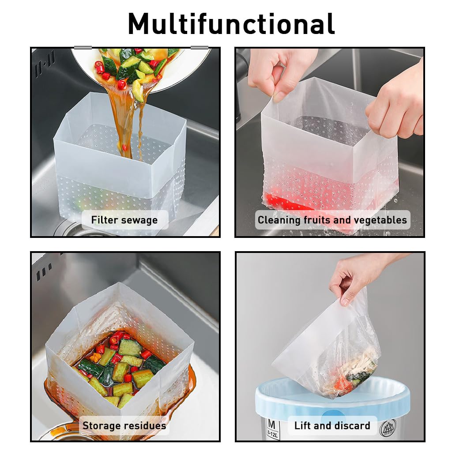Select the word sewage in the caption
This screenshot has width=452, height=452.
pyautogui.click(x=140, y=220)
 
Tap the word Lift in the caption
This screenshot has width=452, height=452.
pyautogui.click(x=302, y=426)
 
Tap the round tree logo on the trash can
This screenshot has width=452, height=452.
pyautogui.click(x=388, y=428)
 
